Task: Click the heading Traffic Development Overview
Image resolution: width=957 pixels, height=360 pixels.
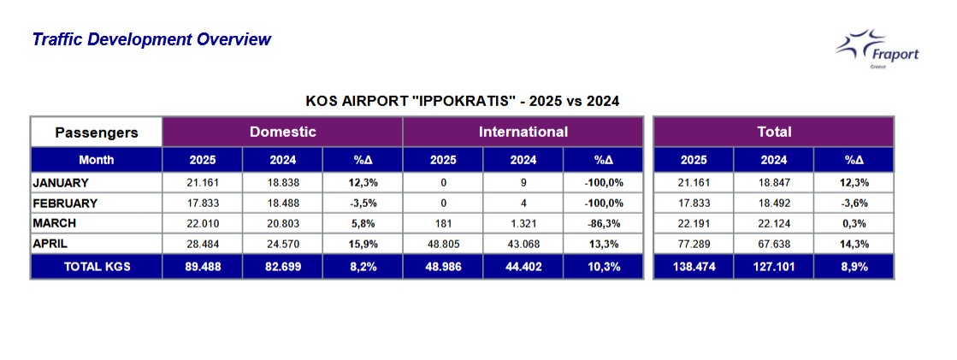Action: point(151,39)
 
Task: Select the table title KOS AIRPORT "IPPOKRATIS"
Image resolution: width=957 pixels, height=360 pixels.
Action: point(462,101)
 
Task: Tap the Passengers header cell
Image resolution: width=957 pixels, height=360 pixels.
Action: point(97,133)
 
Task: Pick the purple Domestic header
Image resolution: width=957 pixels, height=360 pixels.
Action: point(282,132)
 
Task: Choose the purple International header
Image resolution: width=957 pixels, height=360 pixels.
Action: point(523,132)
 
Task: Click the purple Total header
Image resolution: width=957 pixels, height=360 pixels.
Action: point(773,132)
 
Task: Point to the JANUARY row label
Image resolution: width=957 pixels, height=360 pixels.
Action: point(61,183)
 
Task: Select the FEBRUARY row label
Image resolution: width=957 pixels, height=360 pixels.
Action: point(65,204)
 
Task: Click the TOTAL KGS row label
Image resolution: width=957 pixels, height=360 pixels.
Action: point(97,267)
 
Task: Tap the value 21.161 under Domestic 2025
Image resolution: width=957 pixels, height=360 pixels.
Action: point(203,183)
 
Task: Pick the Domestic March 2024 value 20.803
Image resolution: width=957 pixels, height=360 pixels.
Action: point(283,223)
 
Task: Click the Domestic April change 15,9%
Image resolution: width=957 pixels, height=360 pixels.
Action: point(363,244)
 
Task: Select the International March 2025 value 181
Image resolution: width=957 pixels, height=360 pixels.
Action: point(443,223)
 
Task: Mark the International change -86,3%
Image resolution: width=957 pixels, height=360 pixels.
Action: point(602,223)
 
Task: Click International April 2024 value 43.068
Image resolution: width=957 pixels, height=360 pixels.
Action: point(523,244)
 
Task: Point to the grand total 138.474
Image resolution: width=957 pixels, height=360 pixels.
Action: point(694,267)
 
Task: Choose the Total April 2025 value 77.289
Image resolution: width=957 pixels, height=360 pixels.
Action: point(694,244)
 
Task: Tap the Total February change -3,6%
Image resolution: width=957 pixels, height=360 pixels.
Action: point(854,204)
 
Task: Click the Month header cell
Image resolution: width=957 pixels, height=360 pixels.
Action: point(97,160)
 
